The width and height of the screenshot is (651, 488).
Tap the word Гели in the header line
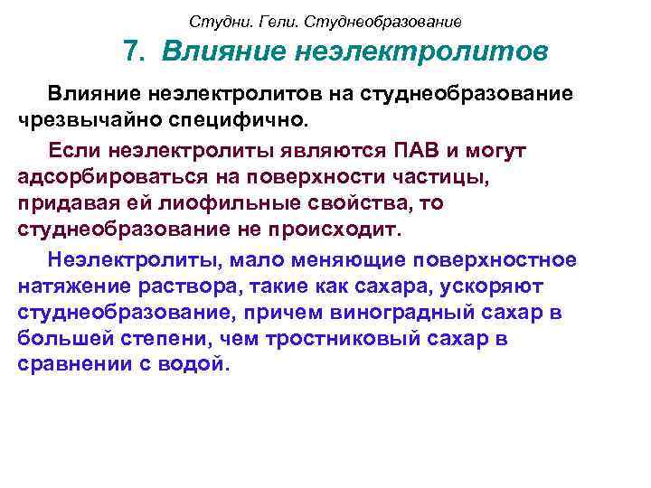[265, 20]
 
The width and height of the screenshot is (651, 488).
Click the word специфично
[238, 118]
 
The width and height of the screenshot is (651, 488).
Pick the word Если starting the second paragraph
[79, 149]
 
